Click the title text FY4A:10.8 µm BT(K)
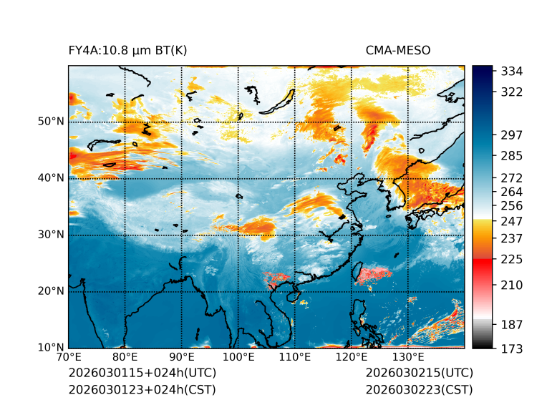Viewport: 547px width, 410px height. tap(127, 50)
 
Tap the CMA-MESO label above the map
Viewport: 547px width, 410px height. tap(398, 50)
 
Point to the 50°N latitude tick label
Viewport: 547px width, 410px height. tap(51, 122)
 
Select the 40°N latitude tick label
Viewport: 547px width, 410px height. tap(51, 178)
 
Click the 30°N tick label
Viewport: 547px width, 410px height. tap(51, 235)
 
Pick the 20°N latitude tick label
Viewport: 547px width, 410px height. tap(51, 291)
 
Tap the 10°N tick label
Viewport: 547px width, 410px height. tap(51, 348)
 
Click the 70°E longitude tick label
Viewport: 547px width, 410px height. tap(69, 357)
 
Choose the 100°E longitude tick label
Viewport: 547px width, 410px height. tap(238, 357)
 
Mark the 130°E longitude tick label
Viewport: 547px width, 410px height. tap(408, 357)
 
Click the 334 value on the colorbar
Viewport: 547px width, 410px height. tap(512, 72)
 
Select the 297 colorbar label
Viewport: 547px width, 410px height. tap(512, 135)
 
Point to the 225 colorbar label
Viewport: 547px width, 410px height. tap(512, 258)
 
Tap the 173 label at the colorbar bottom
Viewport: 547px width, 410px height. tap(512, 348)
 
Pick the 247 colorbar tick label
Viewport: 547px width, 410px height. tap(512, 221)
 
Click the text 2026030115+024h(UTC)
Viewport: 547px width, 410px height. tap(142, 373)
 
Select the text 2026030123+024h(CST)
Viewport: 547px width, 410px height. tap(142, 389)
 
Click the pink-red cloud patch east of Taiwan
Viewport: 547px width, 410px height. tap(375, 274)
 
